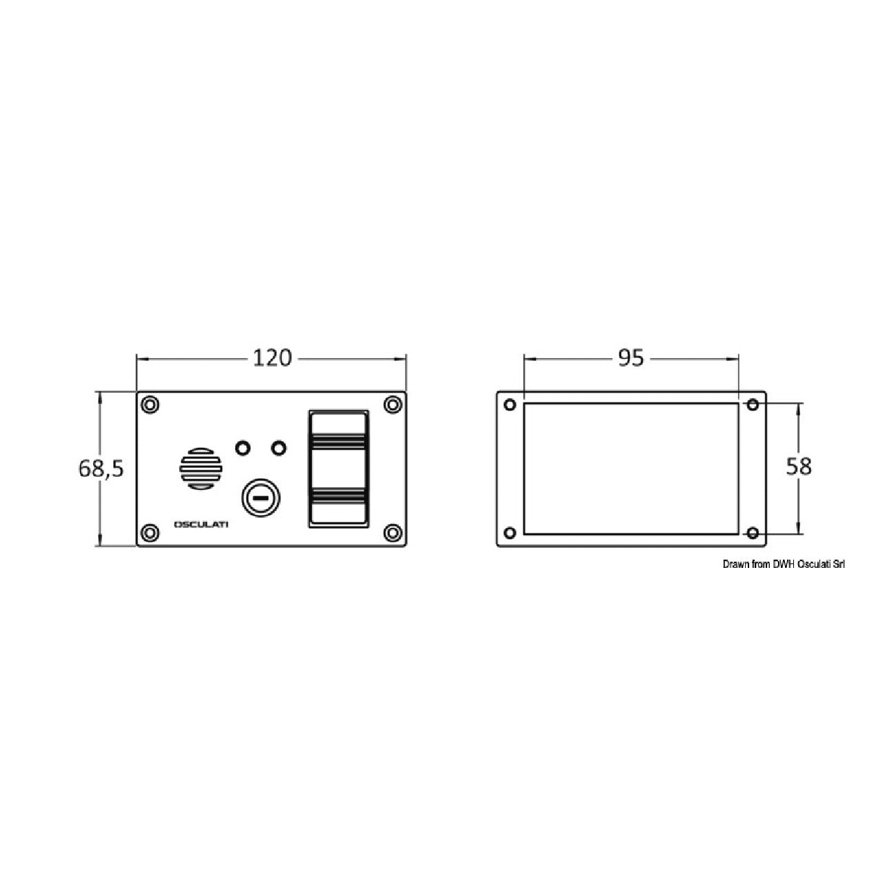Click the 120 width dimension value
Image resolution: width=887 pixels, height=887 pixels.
tap(272, 358)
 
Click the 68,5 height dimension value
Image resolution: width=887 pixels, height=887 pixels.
tap(101, 469)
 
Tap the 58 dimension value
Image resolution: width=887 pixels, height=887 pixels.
tap(799, 467)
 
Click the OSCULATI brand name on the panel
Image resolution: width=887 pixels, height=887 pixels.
tap(201, 524)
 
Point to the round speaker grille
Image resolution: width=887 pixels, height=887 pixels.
tap(201, 468)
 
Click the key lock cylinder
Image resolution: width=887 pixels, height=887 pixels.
tap(261, 498)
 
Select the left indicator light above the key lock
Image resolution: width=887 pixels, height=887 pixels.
tap(243, 447)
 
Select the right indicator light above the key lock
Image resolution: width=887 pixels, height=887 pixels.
tap(279, 447)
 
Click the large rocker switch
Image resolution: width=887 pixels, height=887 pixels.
tap(338, 469)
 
